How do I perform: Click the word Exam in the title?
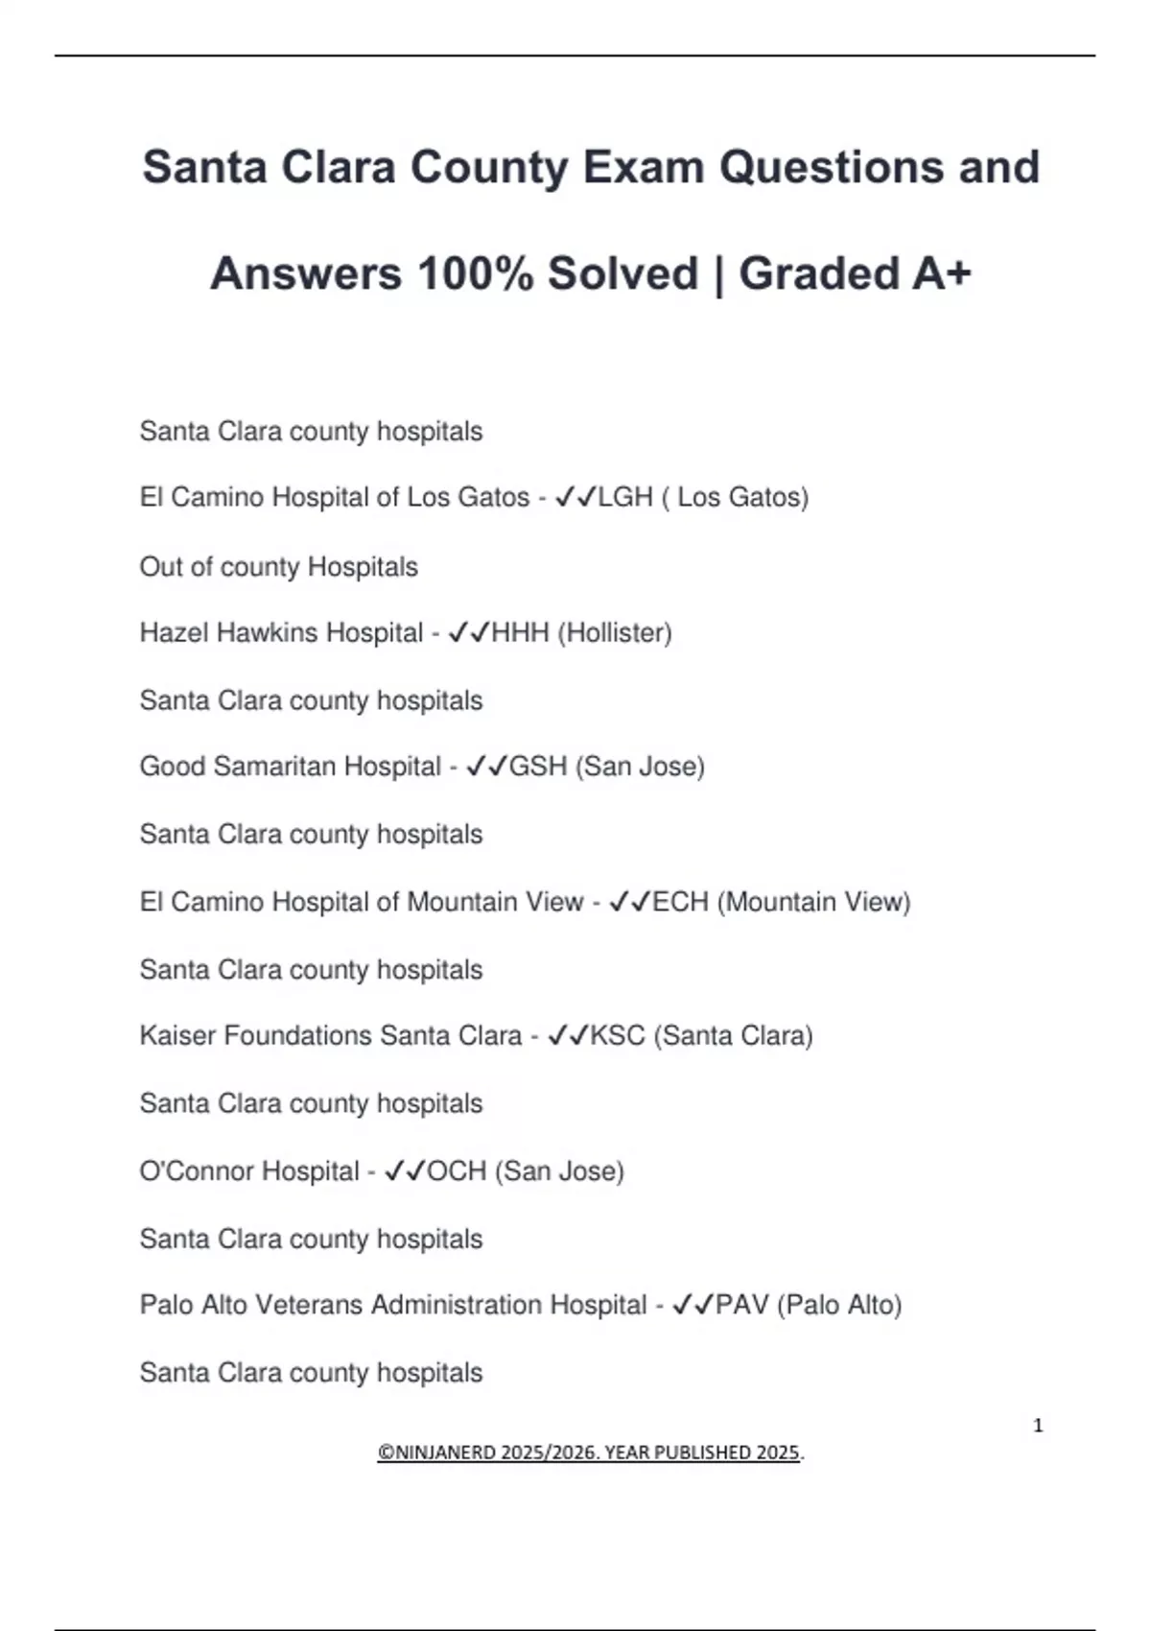[644, 167]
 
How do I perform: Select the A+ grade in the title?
[941, 273]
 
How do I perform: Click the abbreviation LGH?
[625, 497]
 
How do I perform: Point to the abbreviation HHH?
[520, 633]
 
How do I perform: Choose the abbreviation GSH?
[538, 767]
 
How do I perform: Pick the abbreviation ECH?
[680, 902]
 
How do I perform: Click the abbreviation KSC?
[618, 1036]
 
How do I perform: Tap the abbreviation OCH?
[457, 1171]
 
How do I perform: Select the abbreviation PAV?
[742, 1305]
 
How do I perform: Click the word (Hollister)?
[615, 633]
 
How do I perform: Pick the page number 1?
[1038, 1426]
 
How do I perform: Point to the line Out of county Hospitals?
[279, 567]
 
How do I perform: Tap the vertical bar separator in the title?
[718, 273]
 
